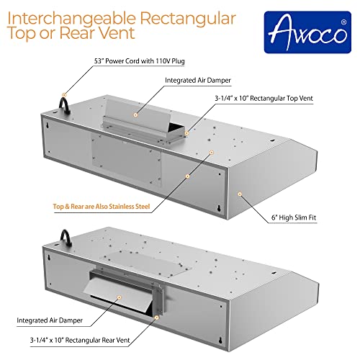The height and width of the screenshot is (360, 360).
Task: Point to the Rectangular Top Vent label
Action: coord(267,100)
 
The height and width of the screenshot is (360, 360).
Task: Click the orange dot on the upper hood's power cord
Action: coord(64,94)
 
